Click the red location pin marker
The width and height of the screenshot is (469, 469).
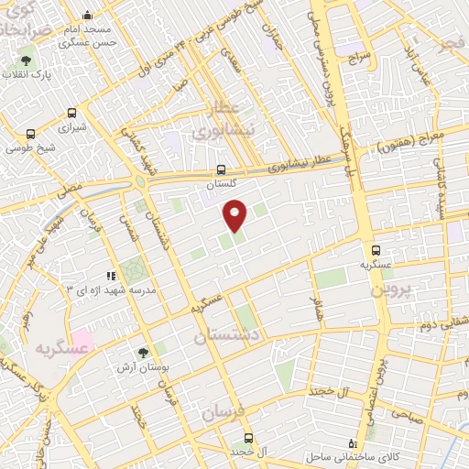(x=235, y=214)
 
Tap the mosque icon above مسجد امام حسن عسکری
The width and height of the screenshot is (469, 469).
(x=87, y=16)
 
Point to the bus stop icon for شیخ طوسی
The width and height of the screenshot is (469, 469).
(x=31, y=132)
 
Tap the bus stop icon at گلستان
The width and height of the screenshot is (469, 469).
(x=220, y=169)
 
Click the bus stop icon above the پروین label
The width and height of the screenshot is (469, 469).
(x=375, y=248)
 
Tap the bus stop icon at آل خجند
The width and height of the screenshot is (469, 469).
(x=247, y=438)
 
